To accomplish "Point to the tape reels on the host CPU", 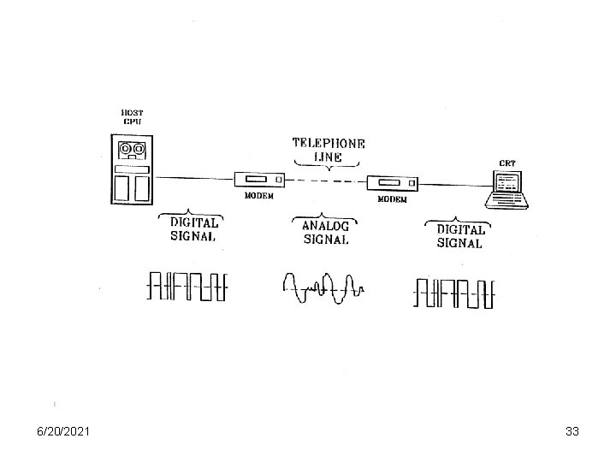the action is [x=131, y=151].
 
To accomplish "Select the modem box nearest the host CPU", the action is [x=258, y=179].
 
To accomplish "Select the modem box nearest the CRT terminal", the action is [x=392, y=182].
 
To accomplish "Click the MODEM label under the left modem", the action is [x=259, y=196].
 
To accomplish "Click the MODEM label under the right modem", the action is [x=393, y=199].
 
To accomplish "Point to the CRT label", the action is [x=507, y=163].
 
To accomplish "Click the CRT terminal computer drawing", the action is [x=507, y=189].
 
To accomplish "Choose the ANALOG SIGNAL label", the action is [x=326, y=232].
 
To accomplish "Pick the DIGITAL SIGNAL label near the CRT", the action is [x=460, y=235].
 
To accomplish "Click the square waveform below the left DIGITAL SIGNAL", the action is [x=187, y=286].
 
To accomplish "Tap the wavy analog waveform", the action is [x=323, y=286].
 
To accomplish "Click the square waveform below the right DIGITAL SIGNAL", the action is [x=454, y=293].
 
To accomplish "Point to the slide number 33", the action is [x=572, y=432].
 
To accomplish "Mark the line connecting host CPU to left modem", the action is [x=192, y=178].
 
